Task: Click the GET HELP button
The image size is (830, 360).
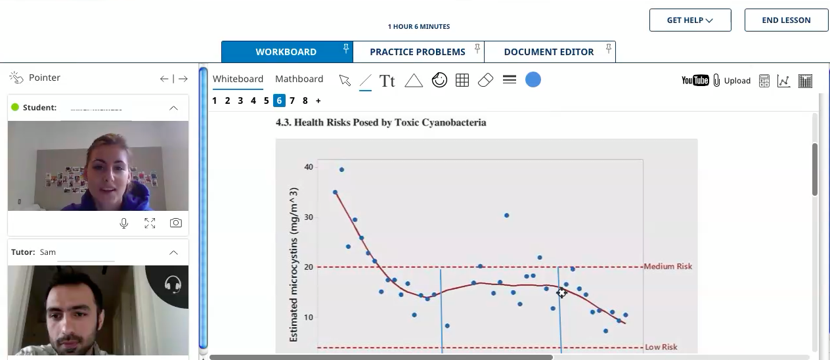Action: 689,20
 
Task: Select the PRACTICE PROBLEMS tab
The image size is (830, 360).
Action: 418,52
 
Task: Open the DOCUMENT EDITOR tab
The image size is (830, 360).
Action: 548,52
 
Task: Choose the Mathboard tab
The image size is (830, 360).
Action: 299,79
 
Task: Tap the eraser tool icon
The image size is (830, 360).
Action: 485,80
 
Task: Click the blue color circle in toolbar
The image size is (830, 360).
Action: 533,80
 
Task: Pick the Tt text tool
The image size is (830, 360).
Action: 387,81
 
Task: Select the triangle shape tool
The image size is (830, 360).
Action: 413,81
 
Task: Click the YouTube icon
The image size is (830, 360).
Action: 695,80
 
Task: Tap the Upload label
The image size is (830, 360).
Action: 737,81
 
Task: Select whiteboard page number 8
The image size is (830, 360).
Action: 305,101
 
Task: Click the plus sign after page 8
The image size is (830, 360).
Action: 318,101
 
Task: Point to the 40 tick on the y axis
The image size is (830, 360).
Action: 309,167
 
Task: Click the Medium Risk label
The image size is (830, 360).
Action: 668,266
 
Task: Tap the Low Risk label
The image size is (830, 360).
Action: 661,347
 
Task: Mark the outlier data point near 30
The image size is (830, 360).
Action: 506,215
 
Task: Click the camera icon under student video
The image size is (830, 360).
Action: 175,223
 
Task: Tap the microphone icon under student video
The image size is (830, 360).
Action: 123,223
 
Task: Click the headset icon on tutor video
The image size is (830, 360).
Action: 173,284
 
